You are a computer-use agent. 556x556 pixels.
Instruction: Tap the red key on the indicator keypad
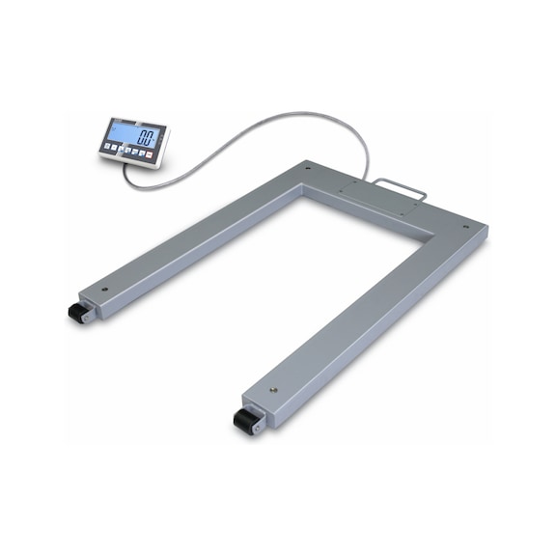[150, 153]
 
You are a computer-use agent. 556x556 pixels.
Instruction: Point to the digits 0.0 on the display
[148, 136]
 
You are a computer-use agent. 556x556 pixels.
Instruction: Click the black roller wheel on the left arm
[74, 313]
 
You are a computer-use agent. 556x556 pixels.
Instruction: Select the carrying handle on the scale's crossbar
[402, 189]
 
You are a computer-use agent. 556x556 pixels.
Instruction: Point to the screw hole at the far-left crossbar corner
[308, 168]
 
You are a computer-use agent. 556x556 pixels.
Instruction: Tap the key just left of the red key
[141, 152]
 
